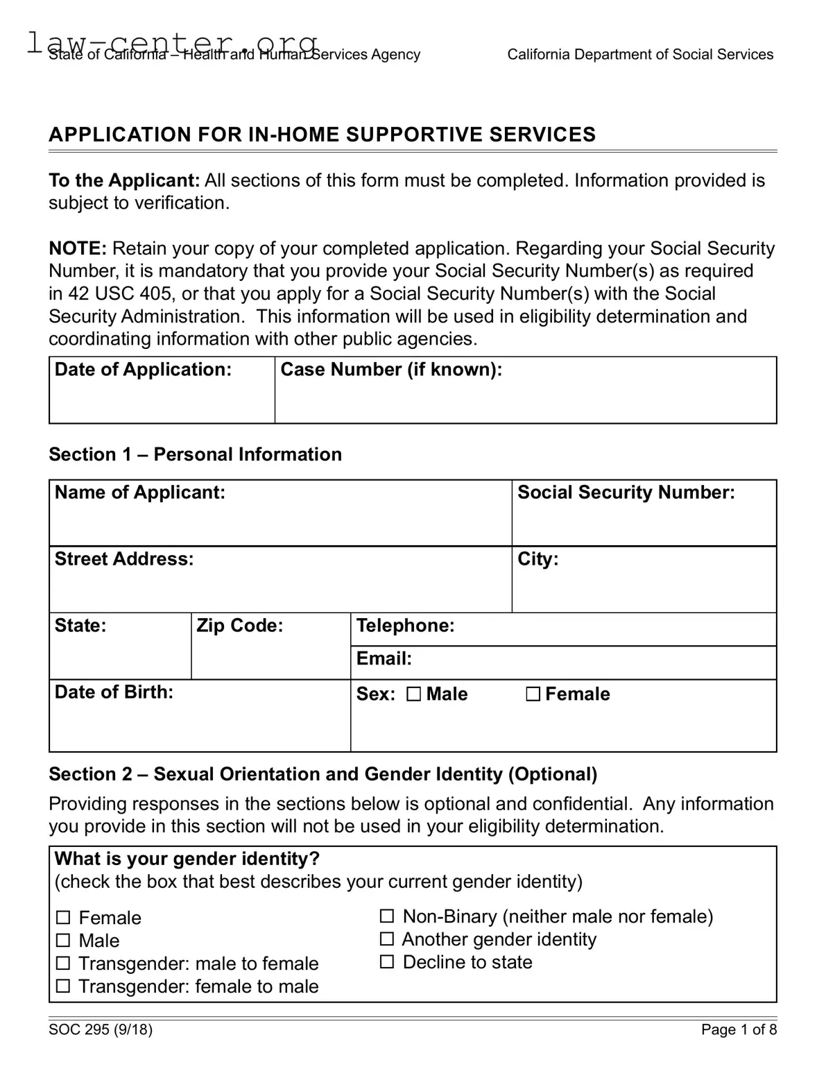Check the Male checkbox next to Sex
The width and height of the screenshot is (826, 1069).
[x=414, y=694]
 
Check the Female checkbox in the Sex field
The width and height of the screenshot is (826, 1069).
[x=533, y=694]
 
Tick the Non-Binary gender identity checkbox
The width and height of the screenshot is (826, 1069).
[x=387, y=916]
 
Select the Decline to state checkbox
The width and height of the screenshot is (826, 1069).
[x=387, y=962]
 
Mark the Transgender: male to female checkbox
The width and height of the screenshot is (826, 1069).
[x=63, y=964]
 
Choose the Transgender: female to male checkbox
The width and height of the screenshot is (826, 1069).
[x=63, y=986]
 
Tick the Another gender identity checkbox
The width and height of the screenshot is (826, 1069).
[x=387, y=939]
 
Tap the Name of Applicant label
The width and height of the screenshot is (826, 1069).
[x=140, y=493]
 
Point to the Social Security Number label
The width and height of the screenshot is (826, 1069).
[x=626, y=493]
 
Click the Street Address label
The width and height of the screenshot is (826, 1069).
[x=124, y=559]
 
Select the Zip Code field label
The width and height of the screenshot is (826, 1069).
[x=239, y=626]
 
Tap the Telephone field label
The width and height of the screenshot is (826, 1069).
[x=405, y=626]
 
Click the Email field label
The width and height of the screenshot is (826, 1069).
[x=384, y=658]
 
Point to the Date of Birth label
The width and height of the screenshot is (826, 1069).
[x=114, y=692]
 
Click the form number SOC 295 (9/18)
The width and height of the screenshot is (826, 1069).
[x=101, y=1029]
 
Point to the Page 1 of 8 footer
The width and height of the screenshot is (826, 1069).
[x=739, y=1029]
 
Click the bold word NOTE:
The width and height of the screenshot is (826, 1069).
[x=78, y=248]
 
